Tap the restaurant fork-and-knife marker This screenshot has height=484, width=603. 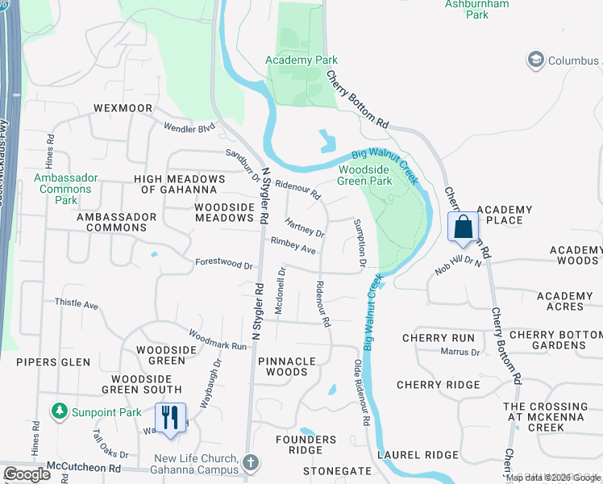(x=170, y=418)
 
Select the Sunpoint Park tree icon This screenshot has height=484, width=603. (x=59, y=412)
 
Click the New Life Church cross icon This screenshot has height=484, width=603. (x=251, y=463)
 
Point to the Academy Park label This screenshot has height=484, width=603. (x=302, y=60)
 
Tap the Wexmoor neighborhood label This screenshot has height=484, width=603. (x=123, y=107)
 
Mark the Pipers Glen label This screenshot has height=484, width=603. (x=53, y=362)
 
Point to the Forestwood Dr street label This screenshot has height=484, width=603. (x=224, y=264)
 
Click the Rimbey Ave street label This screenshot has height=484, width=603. (x=293, y=246)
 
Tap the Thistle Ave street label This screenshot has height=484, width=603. (x=76, y=305)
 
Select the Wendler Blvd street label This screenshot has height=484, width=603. (x=190, y=127)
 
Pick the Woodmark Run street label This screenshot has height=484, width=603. (x=218, y=339)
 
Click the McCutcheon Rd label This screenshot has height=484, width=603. (x=83, y=467)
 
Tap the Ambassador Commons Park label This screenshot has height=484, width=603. (x=66, y=189)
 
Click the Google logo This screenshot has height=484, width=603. (x=27, y=474)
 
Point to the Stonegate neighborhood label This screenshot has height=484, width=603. (x=337, y=471)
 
